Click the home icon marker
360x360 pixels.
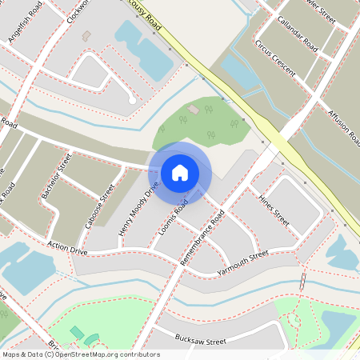click(x=180, y=173)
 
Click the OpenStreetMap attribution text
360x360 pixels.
click(x=80, y=354)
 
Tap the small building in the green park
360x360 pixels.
click(x=193, y=109)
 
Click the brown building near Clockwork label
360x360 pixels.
click(x=86, y=36)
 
